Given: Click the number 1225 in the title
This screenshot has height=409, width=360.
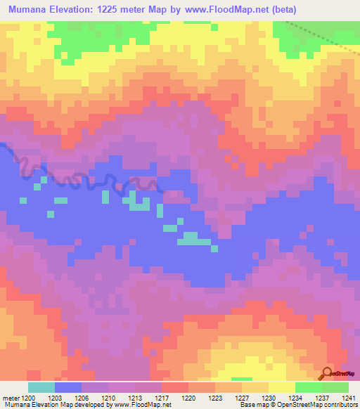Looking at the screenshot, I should [115, 10].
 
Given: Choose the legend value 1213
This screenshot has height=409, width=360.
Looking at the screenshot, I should [136, 397].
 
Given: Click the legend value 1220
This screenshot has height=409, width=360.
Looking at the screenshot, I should [188, 397].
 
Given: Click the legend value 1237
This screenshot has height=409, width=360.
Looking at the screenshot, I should [322, 397].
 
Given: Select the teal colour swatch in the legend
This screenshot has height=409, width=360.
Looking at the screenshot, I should [41, 387].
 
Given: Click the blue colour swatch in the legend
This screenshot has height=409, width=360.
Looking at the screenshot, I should [68, 387].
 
